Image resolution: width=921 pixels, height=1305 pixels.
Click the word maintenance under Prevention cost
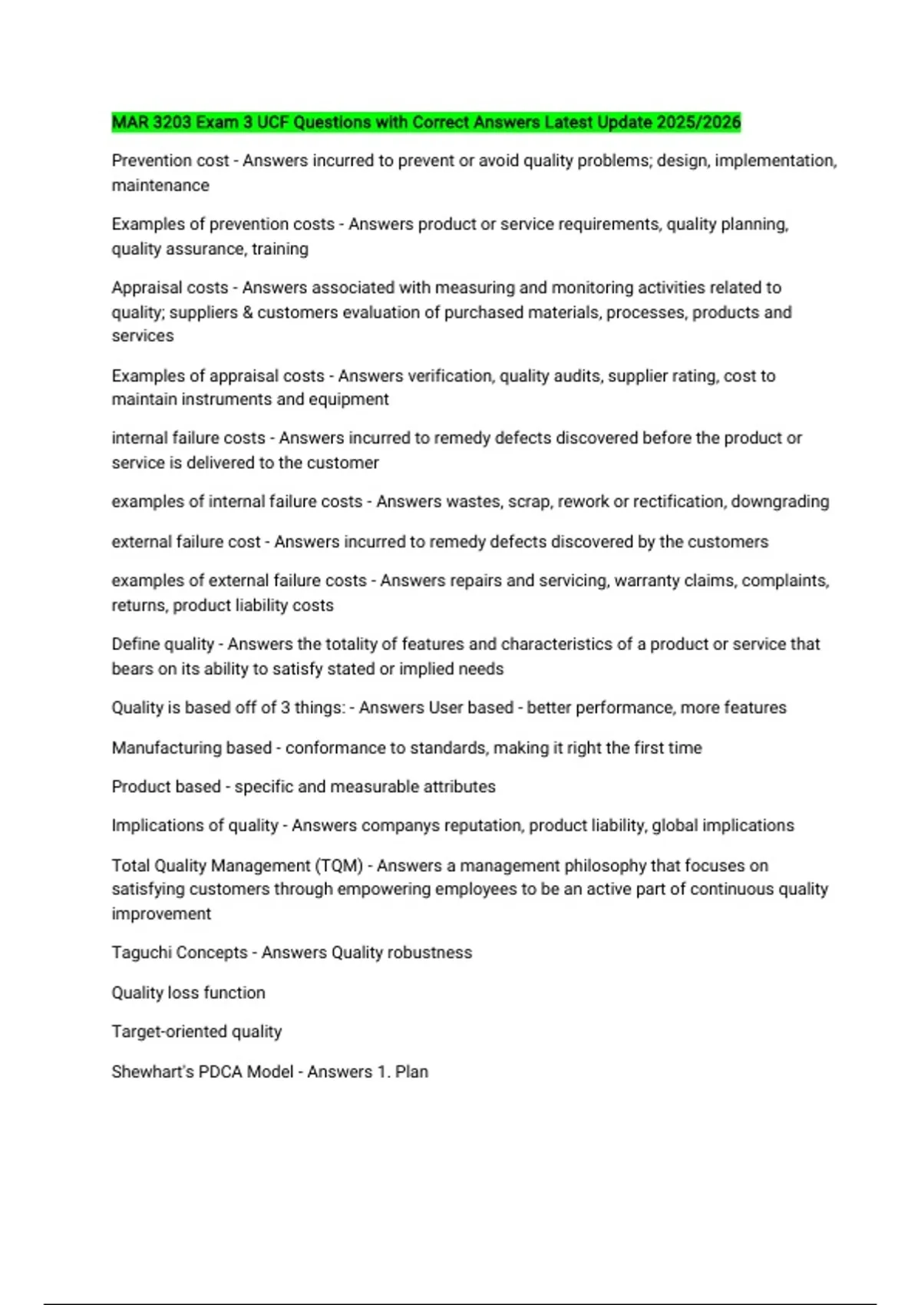160,185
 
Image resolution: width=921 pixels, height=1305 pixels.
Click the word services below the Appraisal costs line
143,335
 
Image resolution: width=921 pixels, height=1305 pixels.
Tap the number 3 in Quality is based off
285,707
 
